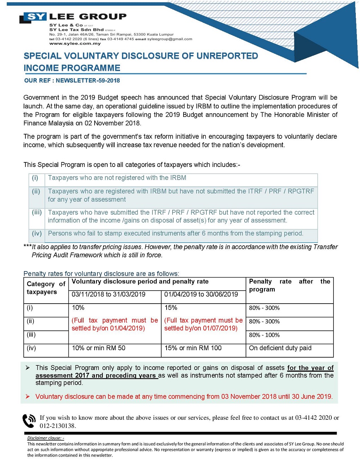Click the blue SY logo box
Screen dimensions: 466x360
[35, 17]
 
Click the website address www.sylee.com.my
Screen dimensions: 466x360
[75, 43]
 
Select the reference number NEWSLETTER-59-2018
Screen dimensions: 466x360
[88, 80]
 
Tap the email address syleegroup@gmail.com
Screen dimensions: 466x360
[169, 39]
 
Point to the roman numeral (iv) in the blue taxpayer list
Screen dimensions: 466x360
[37, 233]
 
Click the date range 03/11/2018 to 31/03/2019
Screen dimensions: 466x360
[108, 294]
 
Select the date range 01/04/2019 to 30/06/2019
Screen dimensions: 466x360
[201, 294]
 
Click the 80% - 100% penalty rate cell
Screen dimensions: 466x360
[264, 335]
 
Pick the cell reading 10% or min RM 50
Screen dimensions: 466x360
[98, 348]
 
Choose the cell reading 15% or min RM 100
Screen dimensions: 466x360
[193, 348]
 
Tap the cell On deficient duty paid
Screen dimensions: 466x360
[280, 348]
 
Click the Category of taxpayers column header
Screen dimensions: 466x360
[46, 288]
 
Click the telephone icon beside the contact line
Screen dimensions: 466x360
[29, 421]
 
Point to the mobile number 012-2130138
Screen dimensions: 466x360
[58, 426]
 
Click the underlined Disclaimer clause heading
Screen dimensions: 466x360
[46, 438]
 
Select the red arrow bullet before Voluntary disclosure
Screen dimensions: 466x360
[28, 396]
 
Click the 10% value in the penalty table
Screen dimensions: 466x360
[78, 308]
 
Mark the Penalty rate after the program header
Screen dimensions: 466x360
[289, 285]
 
